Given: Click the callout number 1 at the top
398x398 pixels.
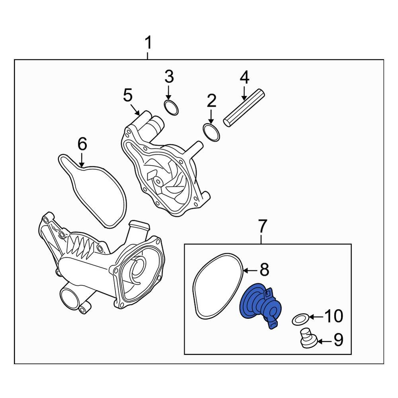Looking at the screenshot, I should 148,43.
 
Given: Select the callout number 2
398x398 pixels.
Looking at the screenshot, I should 211,101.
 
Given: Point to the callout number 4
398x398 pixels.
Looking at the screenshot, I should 244,77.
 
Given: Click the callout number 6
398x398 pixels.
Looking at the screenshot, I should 82,144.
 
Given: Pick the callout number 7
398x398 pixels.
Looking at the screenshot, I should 261,226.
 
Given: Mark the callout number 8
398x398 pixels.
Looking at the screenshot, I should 265,270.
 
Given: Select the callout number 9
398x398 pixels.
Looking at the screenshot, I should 338,341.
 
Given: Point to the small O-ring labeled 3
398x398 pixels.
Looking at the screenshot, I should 172,107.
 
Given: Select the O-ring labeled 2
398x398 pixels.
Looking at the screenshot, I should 211,133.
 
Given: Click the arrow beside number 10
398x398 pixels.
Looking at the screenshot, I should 316,317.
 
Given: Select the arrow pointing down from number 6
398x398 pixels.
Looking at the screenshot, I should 82,159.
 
